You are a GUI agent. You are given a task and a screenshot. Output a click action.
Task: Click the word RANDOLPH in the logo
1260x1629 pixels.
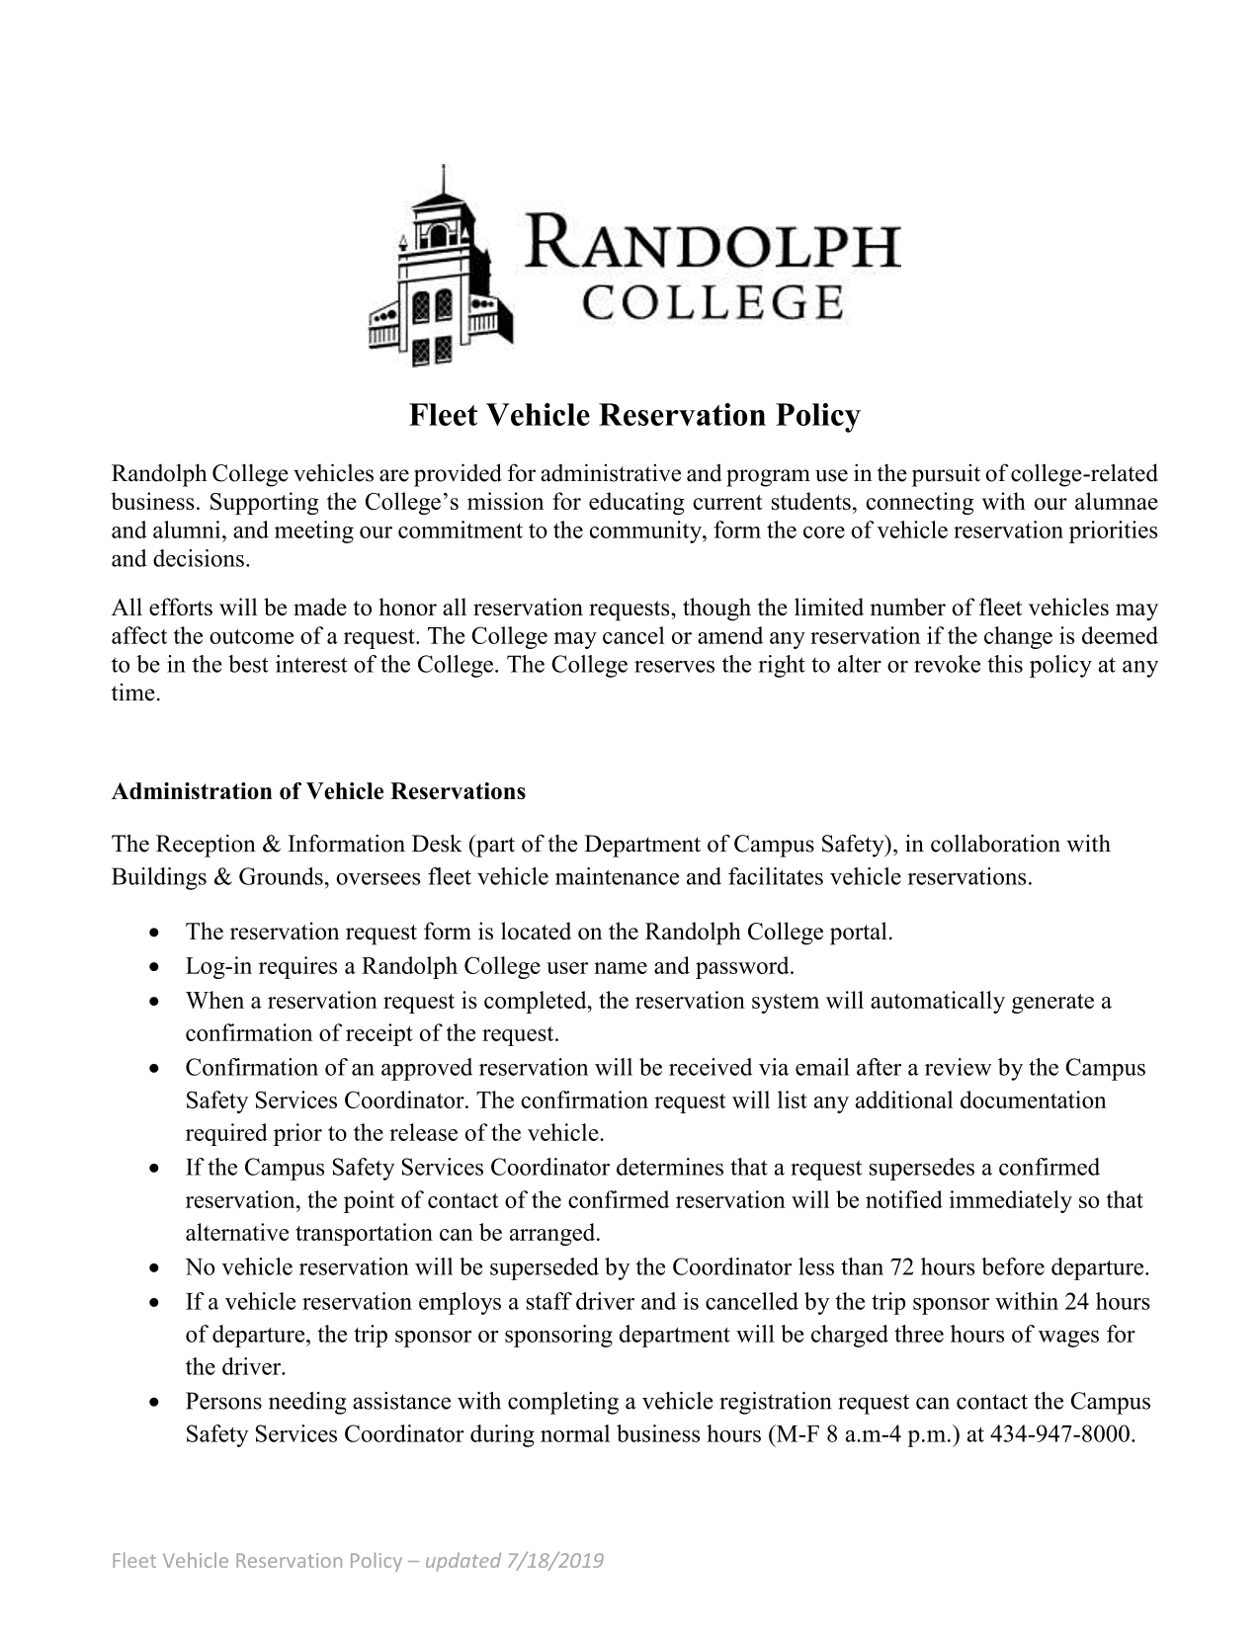(x=714, y=244)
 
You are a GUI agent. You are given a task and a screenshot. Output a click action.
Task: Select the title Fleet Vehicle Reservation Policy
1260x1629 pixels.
(x=634, y=416)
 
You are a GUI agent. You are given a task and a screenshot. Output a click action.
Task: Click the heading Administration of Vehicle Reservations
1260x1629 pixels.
(x=318, y=792)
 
